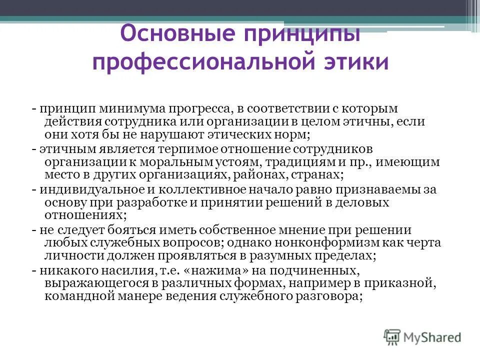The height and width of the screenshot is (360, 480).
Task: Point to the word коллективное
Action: [188, 189]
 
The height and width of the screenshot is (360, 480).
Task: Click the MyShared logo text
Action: [433, 337]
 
